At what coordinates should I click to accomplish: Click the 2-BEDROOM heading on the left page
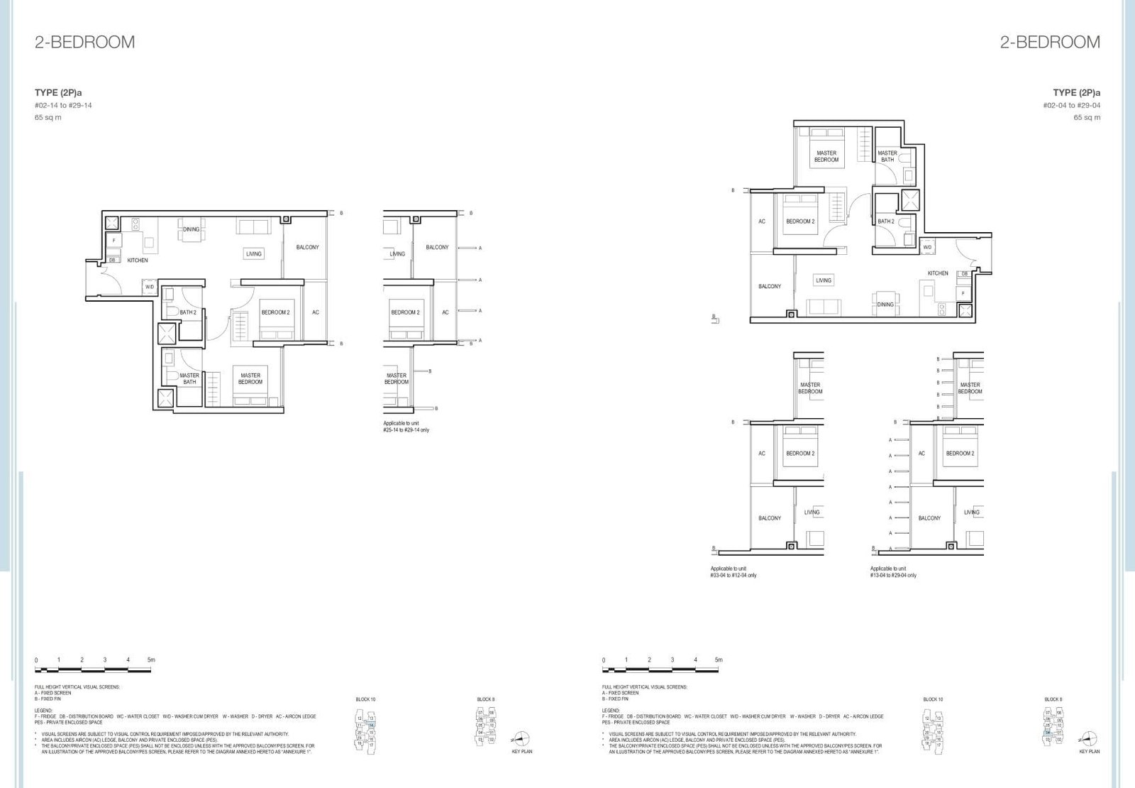(x=84, y=42)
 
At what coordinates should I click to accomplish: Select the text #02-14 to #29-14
(x=63, y=105)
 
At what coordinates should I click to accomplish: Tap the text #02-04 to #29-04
(x=1071, y=105)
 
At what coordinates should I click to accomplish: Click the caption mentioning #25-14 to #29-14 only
(x=406, y=427)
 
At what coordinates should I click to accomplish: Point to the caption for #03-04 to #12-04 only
(x=733, y=572)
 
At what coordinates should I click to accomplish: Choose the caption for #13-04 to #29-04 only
(x=893, y=572)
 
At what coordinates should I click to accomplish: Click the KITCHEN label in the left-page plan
(x=138, y=261)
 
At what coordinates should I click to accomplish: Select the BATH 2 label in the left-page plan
(x=188, y=312)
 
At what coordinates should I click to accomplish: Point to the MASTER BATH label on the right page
(x=887, y=156)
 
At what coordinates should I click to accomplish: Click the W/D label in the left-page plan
(x=150, y=287)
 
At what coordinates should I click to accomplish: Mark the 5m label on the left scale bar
(x=150, y=660)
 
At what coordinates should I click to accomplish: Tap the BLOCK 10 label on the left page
(x=365, y=699)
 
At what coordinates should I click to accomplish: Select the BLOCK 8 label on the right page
(x=1053, y=699)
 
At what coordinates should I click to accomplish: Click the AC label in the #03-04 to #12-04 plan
(x=762, y=453)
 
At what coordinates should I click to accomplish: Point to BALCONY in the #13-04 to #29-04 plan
(x=929, y=518)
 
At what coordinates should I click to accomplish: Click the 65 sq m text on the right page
(x=1087, y=118)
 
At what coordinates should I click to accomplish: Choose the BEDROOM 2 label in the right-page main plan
(x=800, y=221)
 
